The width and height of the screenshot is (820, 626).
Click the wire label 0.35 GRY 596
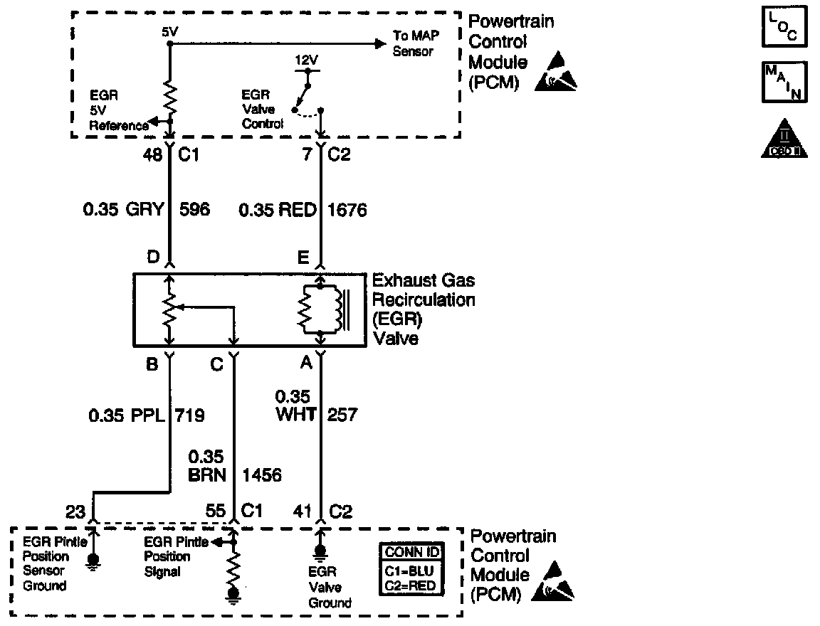click(x=146, y=210)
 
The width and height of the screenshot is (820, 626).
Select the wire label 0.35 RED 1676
click(x=303, y=210)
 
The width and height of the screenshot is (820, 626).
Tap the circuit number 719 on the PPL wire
click(x=189, y=414)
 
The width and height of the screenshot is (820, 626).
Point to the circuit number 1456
click(x=262, y=474)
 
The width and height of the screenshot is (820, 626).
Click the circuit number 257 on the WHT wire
click(x=342, y=414)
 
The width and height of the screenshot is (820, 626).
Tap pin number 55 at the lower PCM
click(x=215, y=511)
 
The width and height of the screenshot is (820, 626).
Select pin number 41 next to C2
click(x=303, y=511)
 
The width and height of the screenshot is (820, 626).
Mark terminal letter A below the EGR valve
click(x=306, y=364)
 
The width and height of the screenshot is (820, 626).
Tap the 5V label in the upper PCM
click(x=169, y=33)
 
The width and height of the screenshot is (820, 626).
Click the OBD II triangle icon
click(x=784, y=139)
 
